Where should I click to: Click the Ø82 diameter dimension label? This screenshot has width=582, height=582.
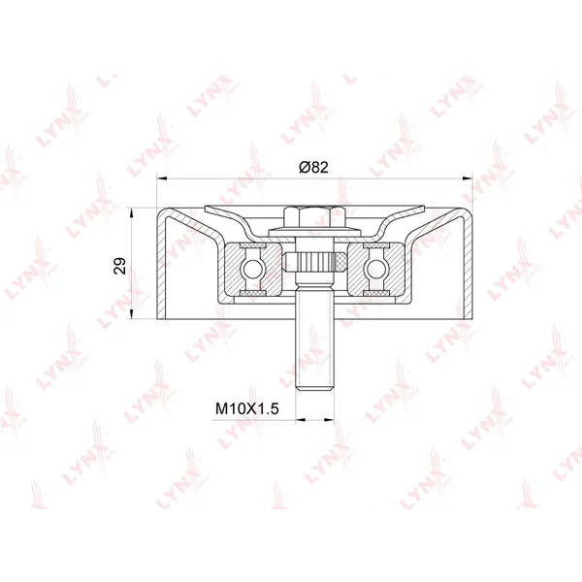click(313, 168)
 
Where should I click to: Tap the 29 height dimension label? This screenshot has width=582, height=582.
click(120, 266)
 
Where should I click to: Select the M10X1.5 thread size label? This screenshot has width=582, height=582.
click(246, 409)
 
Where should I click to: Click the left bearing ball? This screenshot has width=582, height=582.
click(252, 269)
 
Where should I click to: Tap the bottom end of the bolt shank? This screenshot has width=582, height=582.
click(314, 389)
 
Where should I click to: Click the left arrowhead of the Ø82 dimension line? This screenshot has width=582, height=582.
click(162, 178)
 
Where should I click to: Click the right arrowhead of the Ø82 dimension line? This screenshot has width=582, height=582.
click(468, 178)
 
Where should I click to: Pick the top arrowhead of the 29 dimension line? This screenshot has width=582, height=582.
click(130, 213)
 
